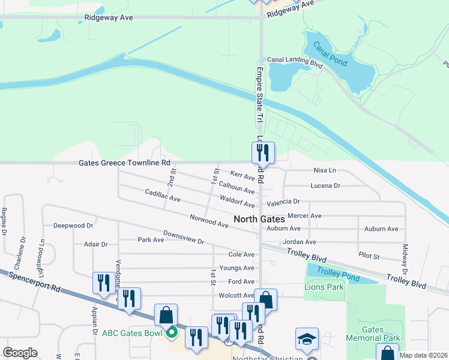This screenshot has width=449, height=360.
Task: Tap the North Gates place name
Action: point(259,219)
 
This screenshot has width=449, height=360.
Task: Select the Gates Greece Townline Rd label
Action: point(124,163)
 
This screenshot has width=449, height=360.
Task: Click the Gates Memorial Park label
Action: point(372,334)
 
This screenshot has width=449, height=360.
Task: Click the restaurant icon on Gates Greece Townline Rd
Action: point(262,153)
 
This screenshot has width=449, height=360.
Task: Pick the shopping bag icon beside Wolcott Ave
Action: point(265,300)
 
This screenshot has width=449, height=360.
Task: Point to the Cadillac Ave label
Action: point(163,195)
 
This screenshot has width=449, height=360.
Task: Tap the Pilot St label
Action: point(369,256)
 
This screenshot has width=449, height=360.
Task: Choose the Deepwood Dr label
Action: point(73,226)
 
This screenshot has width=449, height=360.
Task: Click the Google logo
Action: point(20,353)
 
